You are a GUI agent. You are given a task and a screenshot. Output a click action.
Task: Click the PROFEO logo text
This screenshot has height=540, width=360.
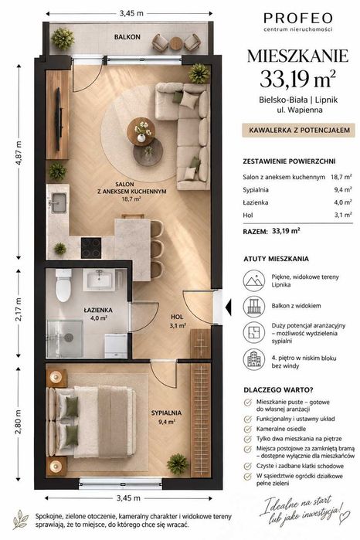point(298,18)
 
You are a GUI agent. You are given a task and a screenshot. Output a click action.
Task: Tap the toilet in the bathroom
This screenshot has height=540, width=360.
point(63,285)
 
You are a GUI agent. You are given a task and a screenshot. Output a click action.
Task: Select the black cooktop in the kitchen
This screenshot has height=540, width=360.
point(91,248)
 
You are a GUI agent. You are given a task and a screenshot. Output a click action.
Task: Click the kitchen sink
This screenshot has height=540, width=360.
point(59,202)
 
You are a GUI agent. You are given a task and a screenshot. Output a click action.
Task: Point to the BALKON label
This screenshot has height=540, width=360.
point(127,37)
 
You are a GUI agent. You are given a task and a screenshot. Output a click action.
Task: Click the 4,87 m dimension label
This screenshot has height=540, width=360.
point(19,153)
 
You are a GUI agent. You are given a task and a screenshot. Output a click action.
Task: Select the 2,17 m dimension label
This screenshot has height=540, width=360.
point(19,310)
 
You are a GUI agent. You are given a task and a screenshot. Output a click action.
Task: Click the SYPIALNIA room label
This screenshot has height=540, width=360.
point(166,413)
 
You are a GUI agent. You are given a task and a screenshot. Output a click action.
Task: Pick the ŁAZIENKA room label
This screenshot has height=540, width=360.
point(98,310)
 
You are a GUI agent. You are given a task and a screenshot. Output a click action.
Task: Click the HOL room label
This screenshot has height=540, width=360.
point(177,317)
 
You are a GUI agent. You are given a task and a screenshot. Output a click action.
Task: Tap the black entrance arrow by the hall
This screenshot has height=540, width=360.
point(228,307)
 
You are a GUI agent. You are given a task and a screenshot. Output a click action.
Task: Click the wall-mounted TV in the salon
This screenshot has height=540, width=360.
point(59,119)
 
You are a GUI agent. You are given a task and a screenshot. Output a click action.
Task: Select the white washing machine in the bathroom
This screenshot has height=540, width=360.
point(116,345)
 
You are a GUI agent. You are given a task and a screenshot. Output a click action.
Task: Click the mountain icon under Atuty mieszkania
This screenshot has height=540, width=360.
point(254,280)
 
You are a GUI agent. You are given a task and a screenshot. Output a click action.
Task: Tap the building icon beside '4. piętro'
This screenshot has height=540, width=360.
point(254,359)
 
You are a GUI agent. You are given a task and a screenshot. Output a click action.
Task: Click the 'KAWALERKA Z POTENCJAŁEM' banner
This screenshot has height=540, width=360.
point(298,131)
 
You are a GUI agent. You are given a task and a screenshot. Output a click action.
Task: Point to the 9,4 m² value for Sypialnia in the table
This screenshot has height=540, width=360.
point(343,189)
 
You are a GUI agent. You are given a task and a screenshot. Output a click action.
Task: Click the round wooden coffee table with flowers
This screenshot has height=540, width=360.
point(141,131)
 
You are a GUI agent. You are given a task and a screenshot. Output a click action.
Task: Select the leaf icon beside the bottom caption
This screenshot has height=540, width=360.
point(21,519)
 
